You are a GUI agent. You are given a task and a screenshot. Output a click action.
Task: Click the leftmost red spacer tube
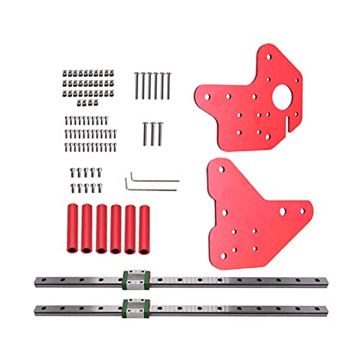tap(72, 228)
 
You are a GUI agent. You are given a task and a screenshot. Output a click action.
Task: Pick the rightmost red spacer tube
tap(146, 228)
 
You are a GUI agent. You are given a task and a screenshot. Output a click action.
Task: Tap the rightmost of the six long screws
tap(170, 86)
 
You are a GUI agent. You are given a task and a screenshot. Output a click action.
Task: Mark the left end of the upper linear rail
tap(35, 280)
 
